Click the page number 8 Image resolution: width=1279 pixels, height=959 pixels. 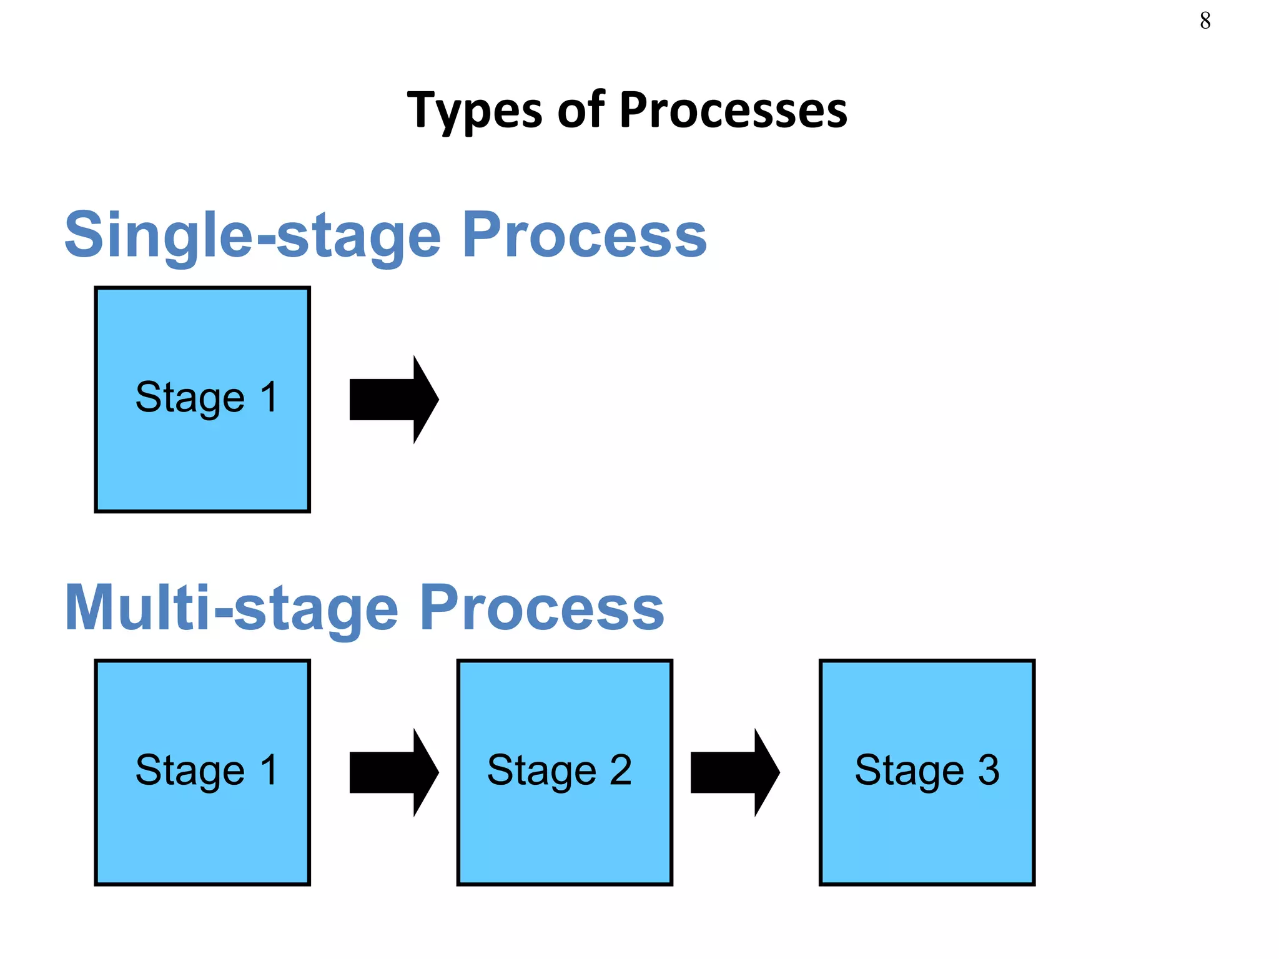point(1205,21)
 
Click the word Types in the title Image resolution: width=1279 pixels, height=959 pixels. point(474,111)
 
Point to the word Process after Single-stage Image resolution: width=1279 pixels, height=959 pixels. point(584,235)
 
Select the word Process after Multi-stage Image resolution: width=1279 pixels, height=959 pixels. point(541,607)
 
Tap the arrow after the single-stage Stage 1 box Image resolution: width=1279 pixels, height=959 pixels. point(393,400)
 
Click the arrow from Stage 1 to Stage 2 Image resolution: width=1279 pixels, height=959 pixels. point(393,772)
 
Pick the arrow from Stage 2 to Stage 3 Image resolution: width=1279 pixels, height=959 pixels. point(734,772)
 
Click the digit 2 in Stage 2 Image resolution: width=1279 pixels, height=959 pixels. point(620,770)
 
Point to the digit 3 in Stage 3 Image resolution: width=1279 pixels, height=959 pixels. point(988,770)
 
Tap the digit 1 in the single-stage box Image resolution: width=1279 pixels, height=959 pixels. point(269,397)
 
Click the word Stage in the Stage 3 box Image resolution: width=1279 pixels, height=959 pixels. point(909,771)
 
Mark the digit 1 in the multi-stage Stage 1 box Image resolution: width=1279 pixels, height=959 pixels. point(269,770)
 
